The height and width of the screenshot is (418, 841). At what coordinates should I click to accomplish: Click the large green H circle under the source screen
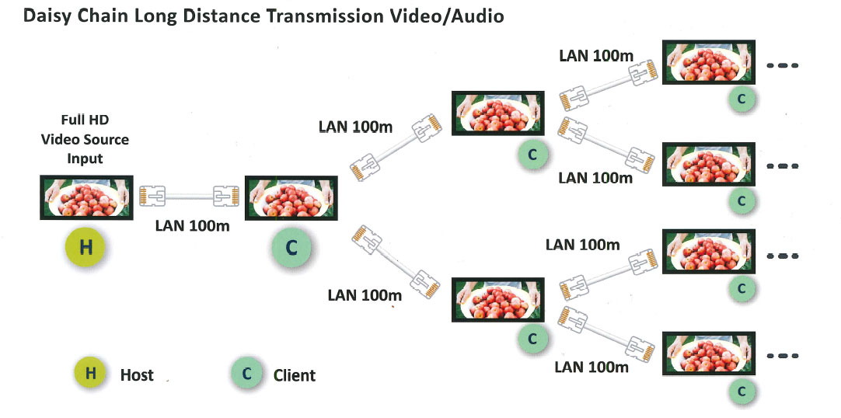coord(86,248)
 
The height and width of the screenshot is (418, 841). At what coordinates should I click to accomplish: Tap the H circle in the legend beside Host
coord(90,373)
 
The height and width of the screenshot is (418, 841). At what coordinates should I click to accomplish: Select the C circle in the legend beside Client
coord(246,374)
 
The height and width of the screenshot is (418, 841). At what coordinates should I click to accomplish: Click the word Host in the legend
coord(137,375)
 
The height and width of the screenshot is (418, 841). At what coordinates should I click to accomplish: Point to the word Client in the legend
coord(295,375)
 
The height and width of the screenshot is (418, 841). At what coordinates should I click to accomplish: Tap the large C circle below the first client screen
coord(290,248)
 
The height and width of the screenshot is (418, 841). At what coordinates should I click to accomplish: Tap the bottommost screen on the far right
coord(708,354)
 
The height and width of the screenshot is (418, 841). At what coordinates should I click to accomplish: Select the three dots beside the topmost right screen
coord(782,65)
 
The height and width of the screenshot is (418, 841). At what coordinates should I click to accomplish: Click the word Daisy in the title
coord(50,16)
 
